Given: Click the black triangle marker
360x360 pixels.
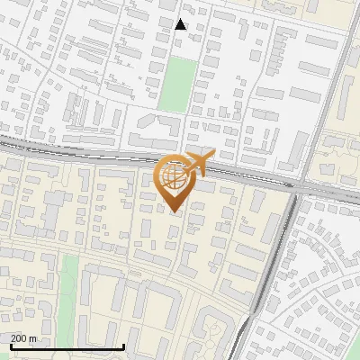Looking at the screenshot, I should coord(181,24).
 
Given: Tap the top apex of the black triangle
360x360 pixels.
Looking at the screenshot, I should coord(181,18).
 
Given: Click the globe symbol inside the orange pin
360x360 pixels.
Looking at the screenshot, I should coord(175,176).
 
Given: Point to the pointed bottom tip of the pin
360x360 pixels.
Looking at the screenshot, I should coord(175,212).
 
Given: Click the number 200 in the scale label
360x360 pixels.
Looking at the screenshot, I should coord(19,338).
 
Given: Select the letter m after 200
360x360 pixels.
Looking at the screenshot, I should coord(33,338).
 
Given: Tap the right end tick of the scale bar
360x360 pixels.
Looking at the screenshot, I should coord(123,346).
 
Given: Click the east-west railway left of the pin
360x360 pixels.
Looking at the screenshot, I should coord(72,148).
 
